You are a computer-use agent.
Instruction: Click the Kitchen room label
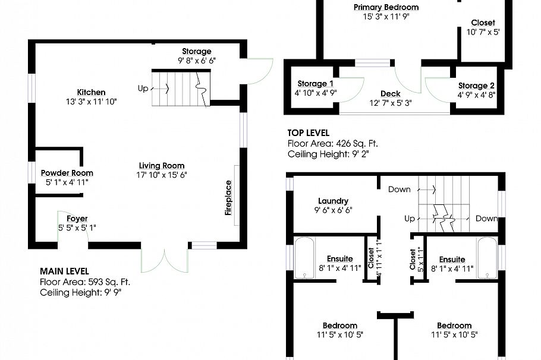(91, 93)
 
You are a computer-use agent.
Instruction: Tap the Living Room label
(162, 166)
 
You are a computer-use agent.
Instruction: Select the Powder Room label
(67, 173)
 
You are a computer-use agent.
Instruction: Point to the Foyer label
(77, 219)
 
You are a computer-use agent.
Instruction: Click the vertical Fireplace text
(228, 198)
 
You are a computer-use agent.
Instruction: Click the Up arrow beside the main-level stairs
(160, 89)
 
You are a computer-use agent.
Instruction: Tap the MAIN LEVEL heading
(65, 271)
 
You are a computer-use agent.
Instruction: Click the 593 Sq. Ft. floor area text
(109, 282)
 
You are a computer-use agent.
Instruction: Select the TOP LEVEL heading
(309, 133)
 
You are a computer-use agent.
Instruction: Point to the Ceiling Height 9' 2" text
(328, 154)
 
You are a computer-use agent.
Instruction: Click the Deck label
(391, 94)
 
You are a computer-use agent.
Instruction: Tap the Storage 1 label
(315, 84)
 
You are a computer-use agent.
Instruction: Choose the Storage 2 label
(476, 86)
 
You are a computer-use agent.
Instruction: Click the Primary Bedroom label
(386, 7)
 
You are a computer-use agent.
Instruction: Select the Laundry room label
(333, 201)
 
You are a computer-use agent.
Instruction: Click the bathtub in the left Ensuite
(304, 258)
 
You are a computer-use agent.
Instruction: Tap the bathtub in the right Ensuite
(487, 258)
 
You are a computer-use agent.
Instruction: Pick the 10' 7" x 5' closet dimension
(483, 32)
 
